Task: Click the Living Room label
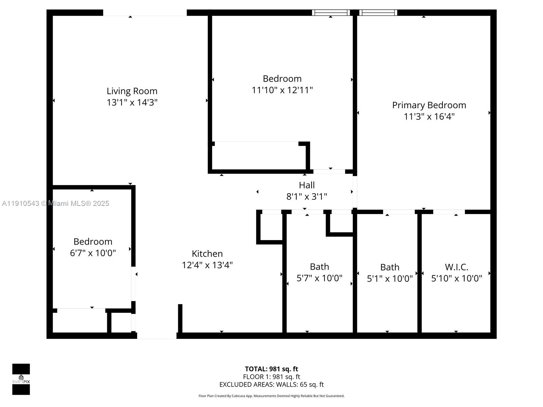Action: [x=132, y=91]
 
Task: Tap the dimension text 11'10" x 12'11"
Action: [x=282, y=90]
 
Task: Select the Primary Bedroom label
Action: [x=429, y=105]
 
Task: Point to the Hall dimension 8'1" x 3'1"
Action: [x=306, y=196]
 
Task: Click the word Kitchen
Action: [x=207, y=254]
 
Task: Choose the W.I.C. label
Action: [x=456, y=267]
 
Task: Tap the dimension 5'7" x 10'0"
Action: [x=319, y=278]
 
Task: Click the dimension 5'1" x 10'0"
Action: [x=390, y=278]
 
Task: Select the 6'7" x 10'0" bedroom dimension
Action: [x=93, y=253]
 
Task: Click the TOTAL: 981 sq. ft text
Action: [x=271, y=369]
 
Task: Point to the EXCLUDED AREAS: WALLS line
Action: [x=271, y=385]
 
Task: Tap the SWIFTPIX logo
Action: [x=21, y=379]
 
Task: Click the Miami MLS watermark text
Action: [x=56, y=203]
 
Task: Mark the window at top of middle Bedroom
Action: [x=331, y=13]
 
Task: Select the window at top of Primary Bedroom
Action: [x=378, y=13]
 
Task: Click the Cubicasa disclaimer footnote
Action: [x=271, y=396]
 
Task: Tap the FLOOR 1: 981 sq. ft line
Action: [x=271, y=377]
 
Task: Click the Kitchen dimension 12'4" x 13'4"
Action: [x=207, y=265]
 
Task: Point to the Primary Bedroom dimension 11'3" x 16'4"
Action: [x=429, y=117]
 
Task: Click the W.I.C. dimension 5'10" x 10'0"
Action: [x=456, y=278]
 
